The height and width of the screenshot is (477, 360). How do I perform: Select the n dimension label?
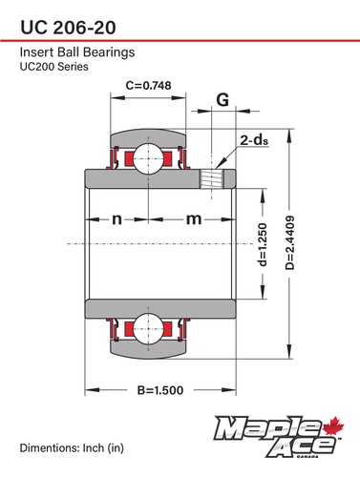click(x=116, y=219)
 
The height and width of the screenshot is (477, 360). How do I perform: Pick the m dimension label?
click(x=194, y=219)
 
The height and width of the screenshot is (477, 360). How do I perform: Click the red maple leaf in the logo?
click(x=334, y=425)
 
